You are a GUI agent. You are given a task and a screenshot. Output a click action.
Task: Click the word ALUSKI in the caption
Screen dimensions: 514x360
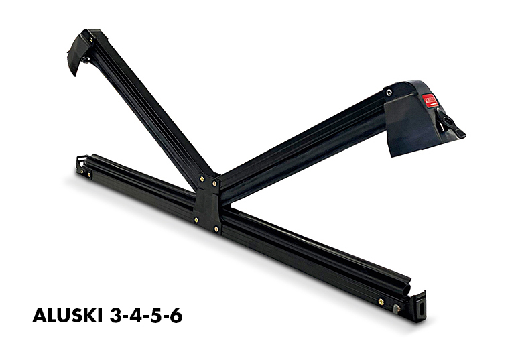click(x=68, y=316)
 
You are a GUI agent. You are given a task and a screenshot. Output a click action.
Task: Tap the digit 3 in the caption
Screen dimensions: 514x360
click(x=115, y=316)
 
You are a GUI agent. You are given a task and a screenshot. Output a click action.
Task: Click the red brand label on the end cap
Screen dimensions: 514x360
click(x=430, y=101)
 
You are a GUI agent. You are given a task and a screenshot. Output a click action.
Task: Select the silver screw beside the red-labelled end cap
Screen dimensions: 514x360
click(x=389, y=93)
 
